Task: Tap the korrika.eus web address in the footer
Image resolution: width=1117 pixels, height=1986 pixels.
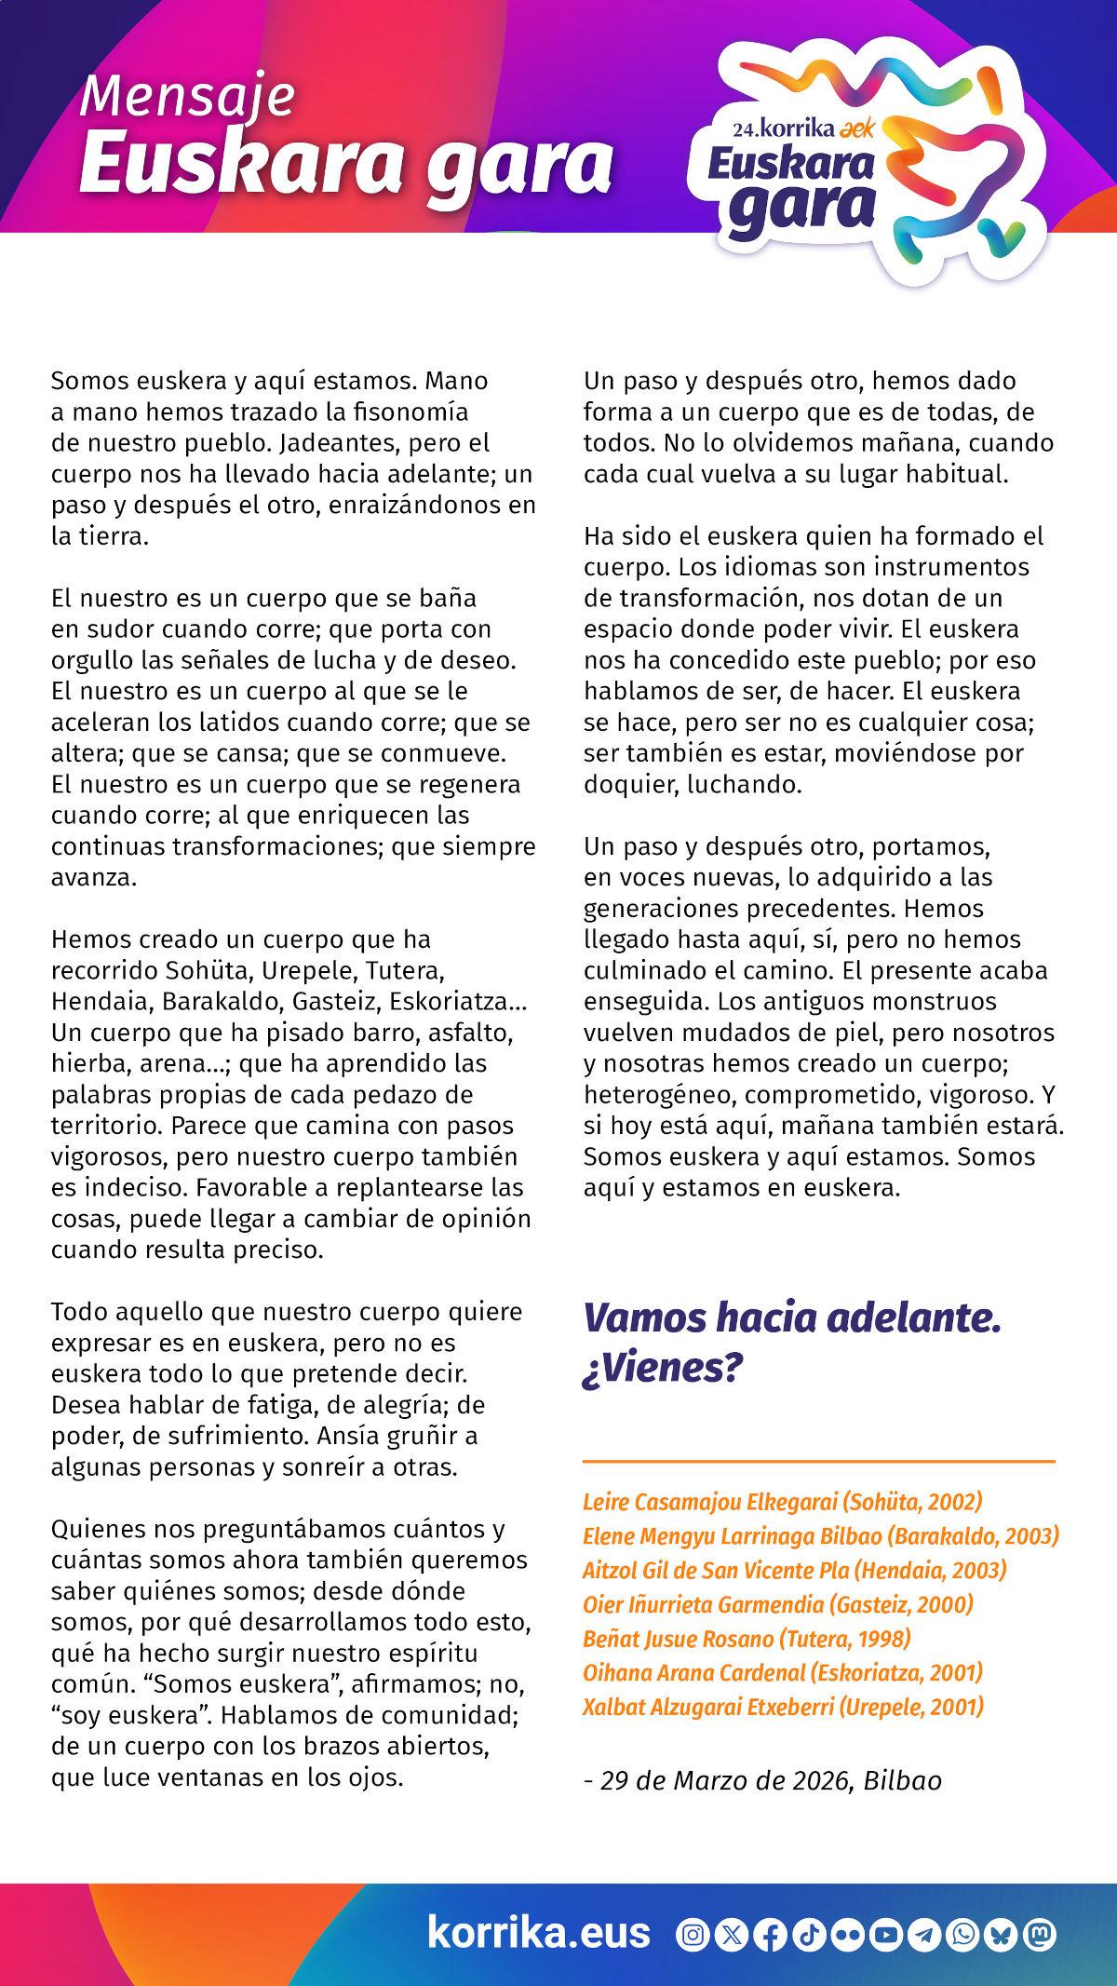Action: [539, 1932]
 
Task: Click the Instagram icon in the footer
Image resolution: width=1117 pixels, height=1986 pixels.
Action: [693, 1935]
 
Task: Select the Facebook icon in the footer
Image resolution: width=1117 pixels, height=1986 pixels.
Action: [769, 1935]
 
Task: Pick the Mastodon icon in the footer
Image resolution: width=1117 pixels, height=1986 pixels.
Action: [1039, 1935]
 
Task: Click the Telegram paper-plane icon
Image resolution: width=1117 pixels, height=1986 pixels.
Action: [923, 1935]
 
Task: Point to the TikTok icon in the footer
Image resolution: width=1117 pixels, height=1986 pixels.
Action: [808, 1935]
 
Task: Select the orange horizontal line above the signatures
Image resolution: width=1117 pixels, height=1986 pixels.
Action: [819, 1461]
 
